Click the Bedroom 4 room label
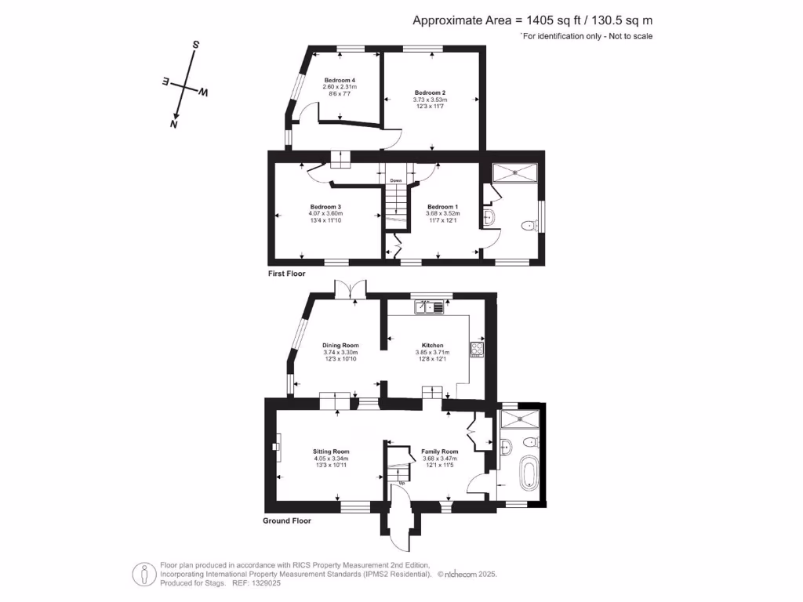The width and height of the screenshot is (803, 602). click(340, 80)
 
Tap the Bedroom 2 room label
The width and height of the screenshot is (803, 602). click(430, 92)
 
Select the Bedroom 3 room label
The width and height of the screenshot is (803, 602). click(325, 207)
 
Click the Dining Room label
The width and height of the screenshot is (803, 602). click(340, 345)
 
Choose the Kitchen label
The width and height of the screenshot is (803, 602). click(433, 345)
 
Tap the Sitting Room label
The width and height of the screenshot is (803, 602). click(330, 451)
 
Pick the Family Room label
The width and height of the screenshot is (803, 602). click(440, 451)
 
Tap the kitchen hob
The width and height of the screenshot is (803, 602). click(476, 348)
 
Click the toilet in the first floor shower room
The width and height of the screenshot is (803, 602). click(528, 227)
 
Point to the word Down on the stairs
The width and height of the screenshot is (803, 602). click(395, 180)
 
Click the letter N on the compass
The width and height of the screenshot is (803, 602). click(174, 124)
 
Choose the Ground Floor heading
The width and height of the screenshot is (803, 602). click(287, 520)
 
